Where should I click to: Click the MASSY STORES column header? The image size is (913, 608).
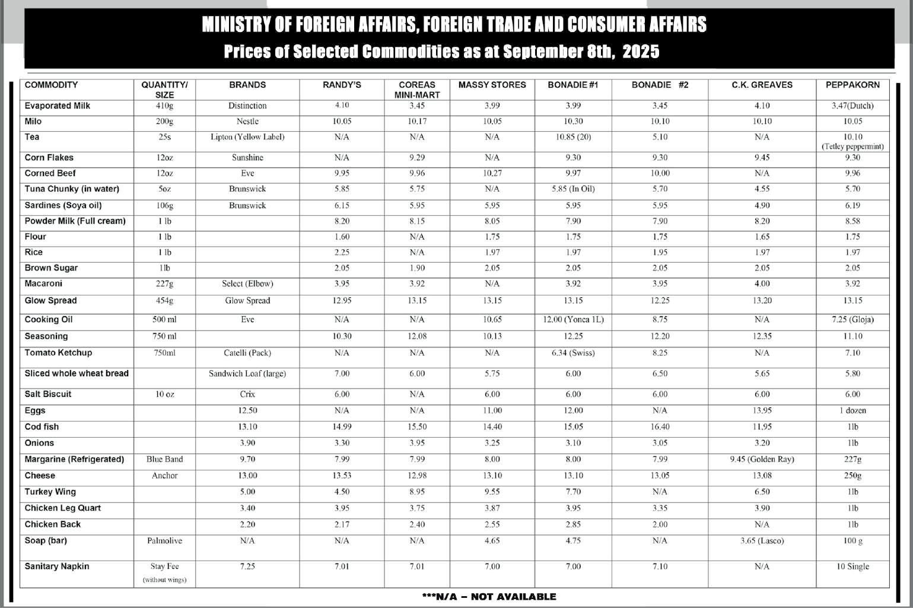(492, 85)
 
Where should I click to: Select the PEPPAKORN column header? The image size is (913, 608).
(852, 85)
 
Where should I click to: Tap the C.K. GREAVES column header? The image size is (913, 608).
(762, 85)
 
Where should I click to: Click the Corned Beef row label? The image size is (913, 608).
(50, 173)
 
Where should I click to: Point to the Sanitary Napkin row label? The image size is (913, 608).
(57, 566)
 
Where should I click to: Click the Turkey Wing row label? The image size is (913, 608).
(50, 492)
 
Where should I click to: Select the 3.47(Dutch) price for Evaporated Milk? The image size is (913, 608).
(852, 106)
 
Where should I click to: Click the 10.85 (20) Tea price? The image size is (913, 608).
(573, 137)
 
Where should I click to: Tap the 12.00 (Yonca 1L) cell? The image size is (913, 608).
(573, 320)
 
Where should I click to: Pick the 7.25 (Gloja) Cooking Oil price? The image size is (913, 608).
(852, 320)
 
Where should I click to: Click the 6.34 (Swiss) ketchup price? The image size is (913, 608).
(573, 353)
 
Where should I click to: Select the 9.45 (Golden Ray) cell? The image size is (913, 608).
(762, 459)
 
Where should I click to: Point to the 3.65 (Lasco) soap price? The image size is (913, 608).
(762, 541)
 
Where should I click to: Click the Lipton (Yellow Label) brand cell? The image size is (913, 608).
(247, 137)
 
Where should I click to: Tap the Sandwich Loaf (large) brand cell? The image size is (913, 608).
(247, 374)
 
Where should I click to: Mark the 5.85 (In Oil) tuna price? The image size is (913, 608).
(573, 189)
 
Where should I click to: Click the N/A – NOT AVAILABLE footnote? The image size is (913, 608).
(489, 597)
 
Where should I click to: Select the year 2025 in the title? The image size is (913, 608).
(641, 52)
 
